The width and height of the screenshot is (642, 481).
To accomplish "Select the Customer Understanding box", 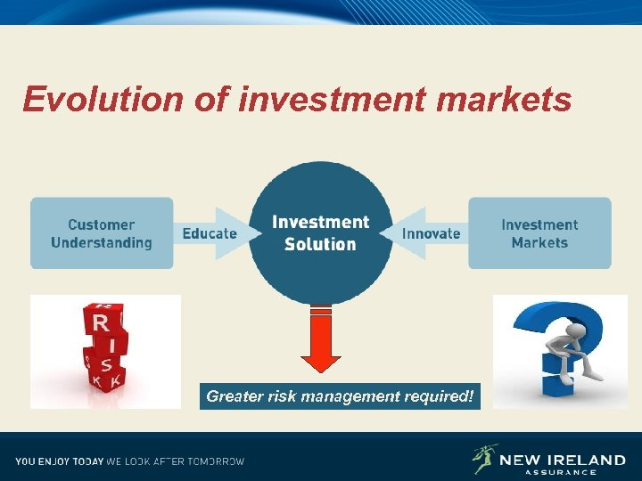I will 101,233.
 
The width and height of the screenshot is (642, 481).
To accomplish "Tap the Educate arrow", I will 210,233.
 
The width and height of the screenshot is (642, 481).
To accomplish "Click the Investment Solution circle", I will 320,232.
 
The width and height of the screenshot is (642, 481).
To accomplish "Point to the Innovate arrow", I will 430,233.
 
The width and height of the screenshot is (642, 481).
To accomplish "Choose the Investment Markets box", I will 539,233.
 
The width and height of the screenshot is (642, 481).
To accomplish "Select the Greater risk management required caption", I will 340,395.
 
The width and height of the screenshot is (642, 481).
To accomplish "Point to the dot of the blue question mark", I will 557,382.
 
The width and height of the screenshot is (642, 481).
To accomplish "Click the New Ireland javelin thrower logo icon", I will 482,459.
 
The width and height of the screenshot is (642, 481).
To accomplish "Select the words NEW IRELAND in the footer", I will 562,460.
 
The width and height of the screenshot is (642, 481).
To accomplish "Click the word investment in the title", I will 333,100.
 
